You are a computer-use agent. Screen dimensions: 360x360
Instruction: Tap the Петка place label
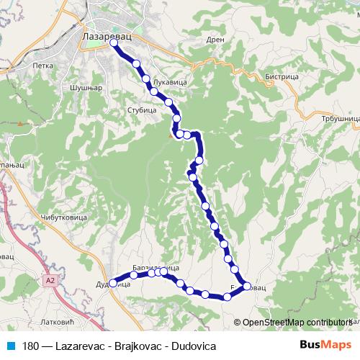pyautogui.click(x=43, y=66)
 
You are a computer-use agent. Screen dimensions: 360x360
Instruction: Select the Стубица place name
pyautogui.click(x=141, y=111)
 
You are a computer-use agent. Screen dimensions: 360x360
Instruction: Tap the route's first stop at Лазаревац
pyautogui.click(x=113, y=43)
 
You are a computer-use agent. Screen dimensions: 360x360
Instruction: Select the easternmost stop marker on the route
pyautogui.click(x=248, y=287)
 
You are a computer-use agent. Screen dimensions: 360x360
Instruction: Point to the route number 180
pyautogui.click(x=31, y=346)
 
